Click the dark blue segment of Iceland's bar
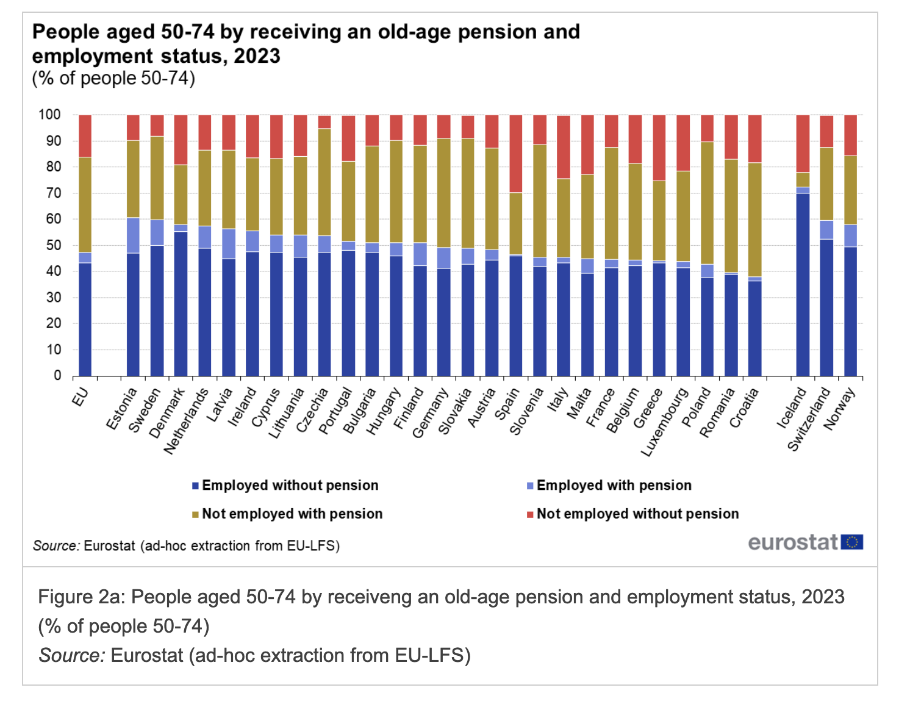803,284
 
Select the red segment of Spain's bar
515,154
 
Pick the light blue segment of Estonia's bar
133,235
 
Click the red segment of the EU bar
85,136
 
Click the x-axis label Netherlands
187,421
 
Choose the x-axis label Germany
430,414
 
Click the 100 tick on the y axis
49,115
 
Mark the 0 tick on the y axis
57,376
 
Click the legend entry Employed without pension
290,486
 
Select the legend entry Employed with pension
614,486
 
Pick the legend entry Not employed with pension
292,514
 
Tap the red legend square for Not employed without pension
530,515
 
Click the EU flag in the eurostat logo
851,542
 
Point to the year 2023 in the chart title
257,56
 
